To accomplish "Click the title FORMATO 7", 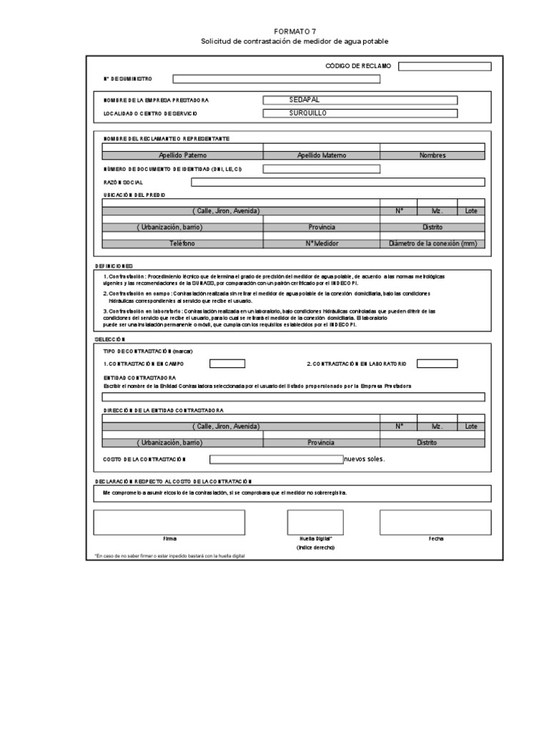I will (295, 32).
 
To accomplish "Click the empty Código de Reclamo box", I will (445, 67).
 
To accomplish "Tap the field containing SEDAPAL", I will (360, 101).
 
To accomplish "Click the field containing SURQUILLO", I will (360, 113).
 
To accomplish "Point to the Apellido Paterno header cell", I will (182, 155).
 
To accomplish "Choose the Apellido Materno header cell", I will (321, 155).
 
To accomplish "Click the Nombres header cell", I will (432, 155).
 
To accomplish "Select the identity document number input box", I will (321, 169).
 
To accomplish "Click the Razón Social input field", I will (338, 182).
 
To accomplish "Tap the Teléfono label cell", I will (182, 243).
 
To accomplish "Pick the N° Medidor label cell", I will (321, 243).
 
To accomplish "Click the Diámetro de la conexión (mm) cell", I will (432, 243).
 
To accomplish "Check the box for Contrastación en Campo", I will (227, 364).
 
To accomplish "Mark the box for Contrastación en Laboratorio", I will (437, 364).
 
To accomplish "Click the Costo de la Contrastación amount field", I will (276, 459).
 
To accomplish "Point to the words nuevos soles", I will (365, 459).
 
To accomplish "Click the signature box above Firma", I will (169, 522).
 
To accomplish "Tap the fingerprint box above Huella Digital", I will (310, 522).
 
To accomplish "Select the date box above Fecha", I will (435, 522).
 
